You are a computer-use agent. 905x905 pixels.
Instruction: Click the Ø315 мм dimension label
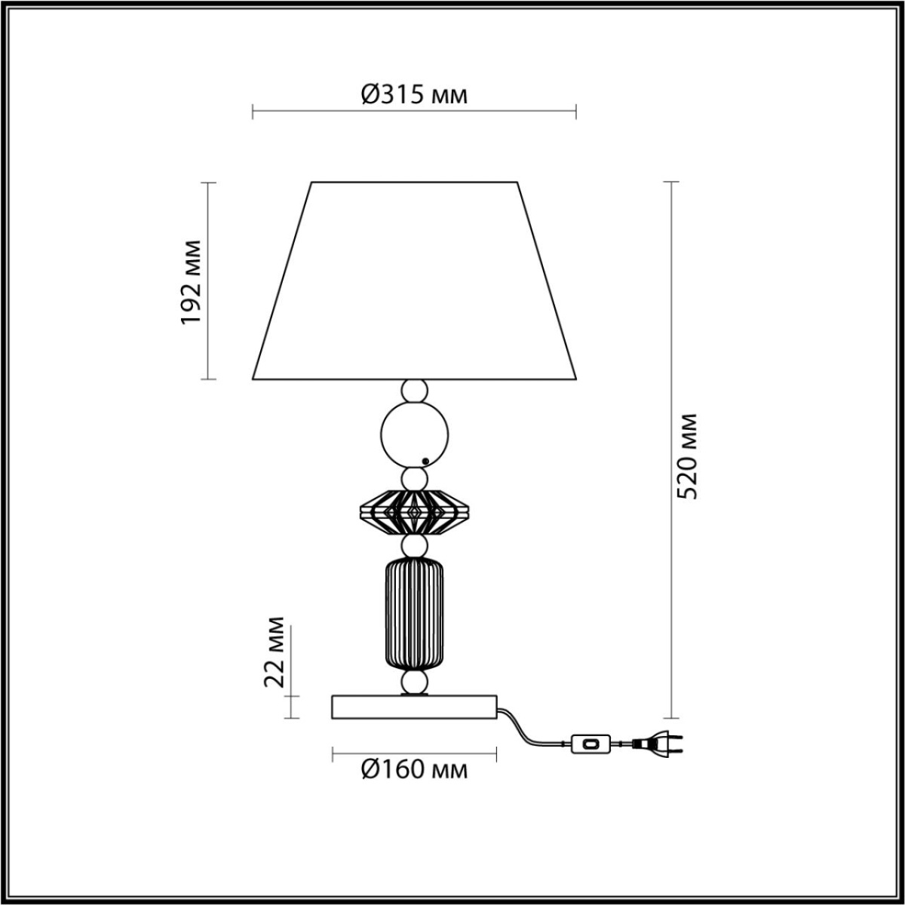tap(414, 94)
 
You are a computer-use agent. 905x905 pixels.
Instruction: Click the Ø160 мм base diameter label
tap(414, 769)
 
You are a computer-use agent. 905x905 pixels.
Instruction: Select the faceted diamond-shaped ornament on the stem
tap(414, 512)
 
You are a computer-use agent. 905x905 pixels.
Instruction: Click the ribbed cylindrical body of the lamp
tap(414, 613)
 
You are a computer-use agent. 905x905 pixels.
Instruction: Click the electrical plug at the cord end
tap(658, 744)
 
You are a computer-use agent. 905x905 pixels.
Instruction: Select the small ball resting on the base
tap(414, 683)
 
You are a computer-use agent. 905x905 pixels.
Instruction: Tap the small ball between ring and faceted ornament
tap(414, 477)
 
